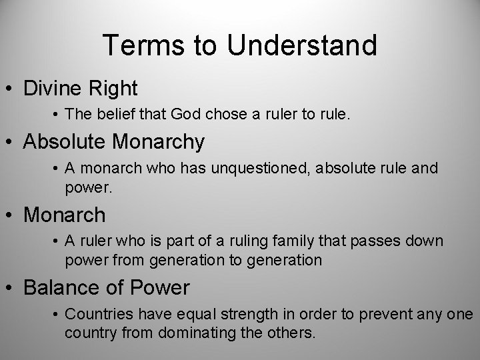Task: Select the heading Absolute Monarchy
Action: [114, 141]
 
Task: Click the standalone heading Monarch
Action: [64, 215]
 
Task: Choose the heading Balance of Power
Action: [107, 288]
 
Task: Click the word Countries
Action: [98, 315]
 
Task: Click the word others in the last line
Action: [293, 331]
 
